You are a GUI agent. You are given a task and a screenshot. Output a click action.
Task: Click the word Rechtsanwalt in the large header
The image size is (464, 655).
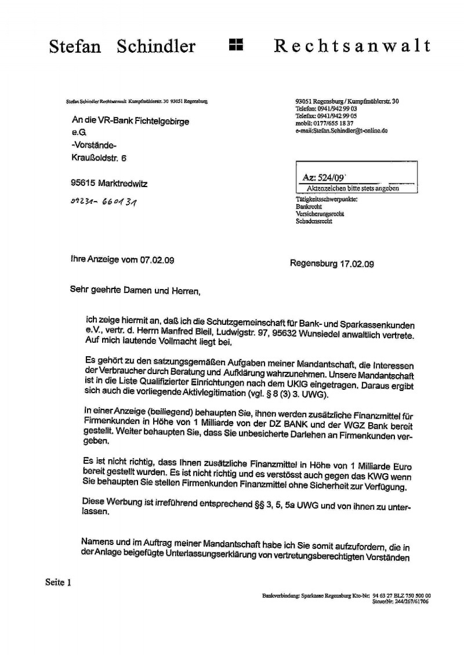(352, 46)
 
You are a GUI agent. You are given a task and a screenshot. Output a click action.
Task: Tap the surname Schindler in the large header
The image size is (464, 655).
(156, 46)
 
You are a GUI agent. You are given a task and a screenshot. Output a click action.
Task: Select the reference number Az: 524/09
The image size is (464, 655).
(328, 179)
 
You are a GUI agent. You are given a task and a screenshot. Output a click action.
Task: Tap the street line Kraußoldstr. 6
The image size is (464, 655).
(98, 157)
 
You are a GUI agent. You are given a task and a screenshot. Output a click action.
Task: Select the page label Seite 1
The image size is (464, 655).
(58, 583)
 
